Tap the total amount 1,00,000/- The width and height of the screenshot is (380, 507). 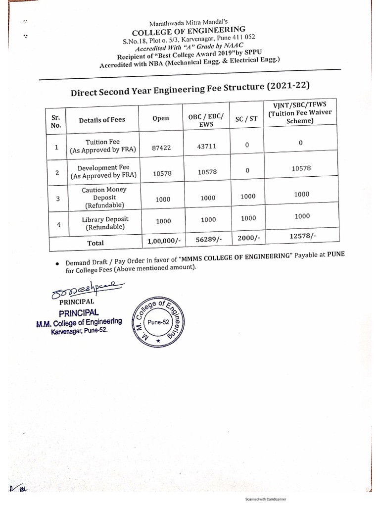(x=163, y=240)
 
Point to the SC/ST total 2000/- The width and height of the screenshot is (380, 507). (x=248, y=238)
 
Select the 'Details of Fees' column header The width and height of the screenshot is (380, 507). (x=102, y=120)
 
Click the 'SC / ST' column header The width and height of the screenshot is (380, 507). (x=247, y=119)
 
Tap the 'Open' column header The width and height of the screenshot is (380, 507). (x=161, y=118)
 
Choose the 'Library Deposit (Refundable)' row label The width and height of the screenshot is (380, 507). (x=105, y=223)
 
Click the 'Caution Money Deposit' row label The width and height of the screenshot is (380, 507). (x=104, y=197)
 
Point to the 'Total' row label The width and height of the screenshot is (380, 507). (x=95, y=243)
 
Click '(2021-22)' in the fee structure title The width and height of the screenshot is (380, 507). (x=288, y=87)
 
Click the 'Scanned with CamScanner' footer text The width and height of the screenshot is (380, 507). (x=266, y=499)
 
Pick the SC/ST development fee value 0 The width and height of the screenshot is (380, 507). (x=247, y=170)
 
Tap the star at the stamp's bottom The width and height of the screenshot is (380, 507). (x=158, y=342)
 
